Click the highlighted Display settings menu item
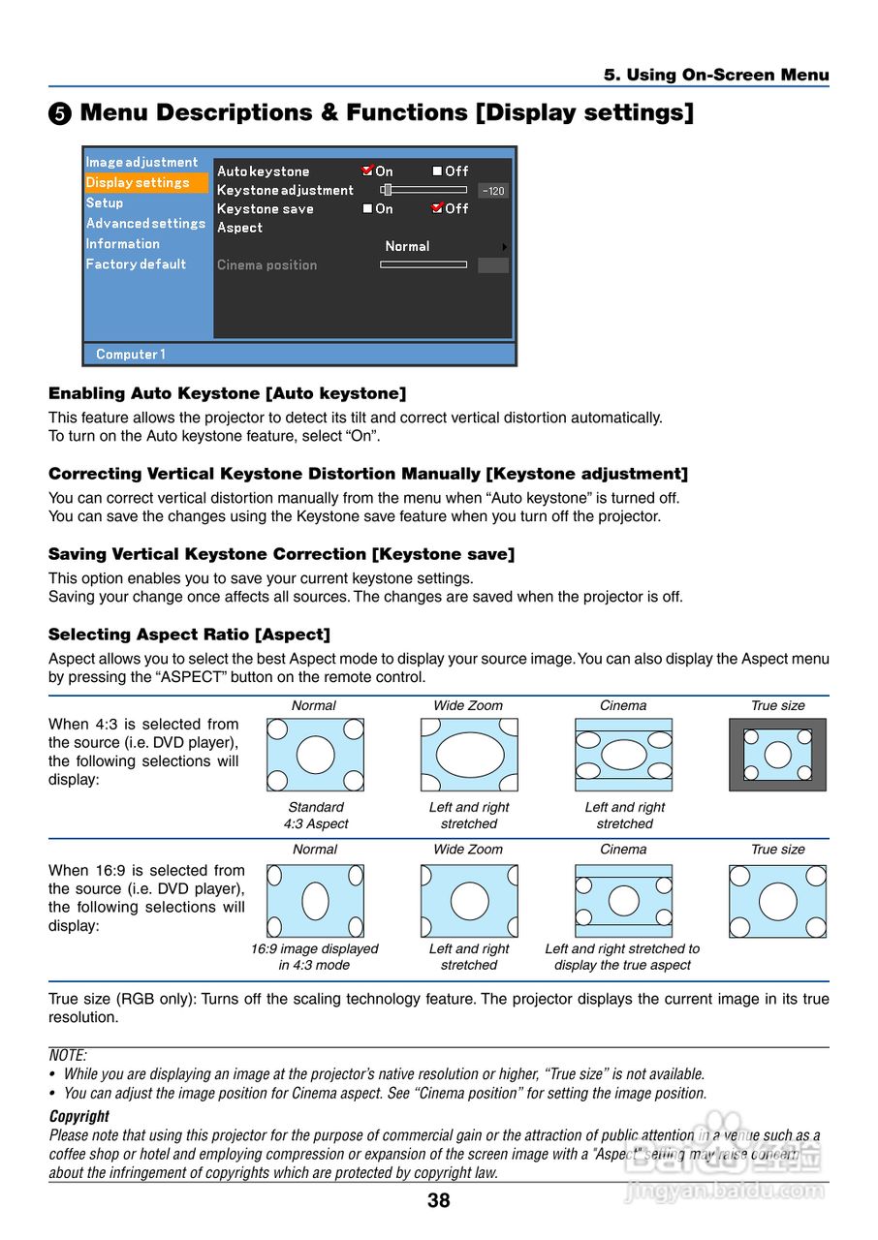coord(138,182)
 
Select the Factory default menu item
coord(136,263)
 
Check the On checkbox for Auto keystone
coord(367,170)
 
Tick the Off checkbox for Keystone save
coord(438,208)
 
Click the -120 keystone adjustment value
coord(493,191)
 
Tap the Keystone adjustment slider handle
coord(386,190)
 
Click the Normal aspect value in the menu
coord(407,246)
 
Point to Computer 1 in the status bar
coord(131,355)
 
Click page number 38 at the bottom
coord(438,1201)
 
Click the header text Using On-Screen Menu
coord(716,75)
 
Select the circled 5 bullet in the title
coord(60,113)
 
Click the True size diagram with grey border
coord(777,755)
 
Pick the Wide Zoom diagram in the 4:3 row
coord(469,755)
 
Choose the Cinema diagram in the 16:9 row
coord(623,901)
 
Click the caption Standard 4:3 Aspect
coord(316,816)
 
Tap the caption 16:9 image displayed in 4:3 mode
coord(314,957)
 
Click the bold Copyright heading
coord(79,1116)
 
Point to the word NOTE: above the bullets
coord(68,1056)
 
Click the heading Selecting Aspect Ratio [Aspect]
coord(189,635)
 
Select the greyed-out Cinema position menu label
coord(267,264)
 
